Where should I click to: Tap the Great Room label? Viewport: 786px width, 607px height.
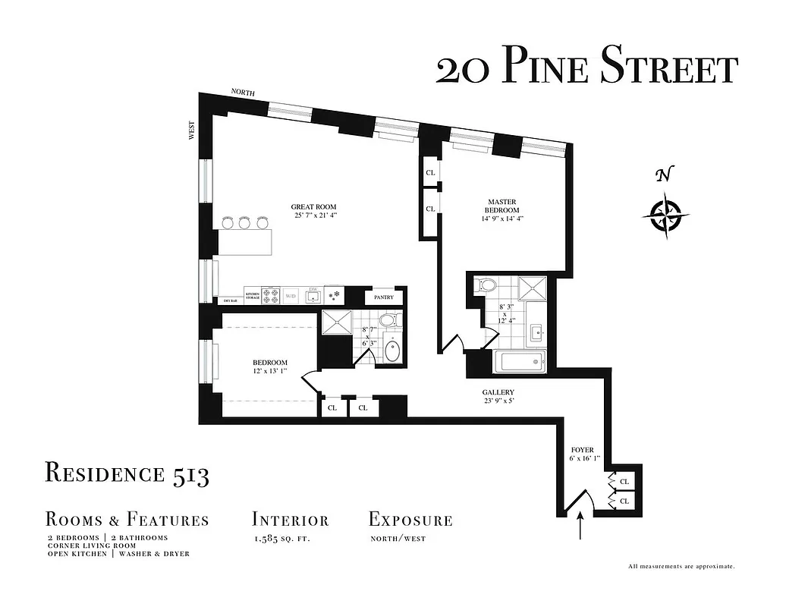pyautogui.click(x=313, y=206)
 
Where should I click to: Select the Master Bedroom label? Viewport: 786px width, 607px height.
pyautogui.click(x=503, y=206)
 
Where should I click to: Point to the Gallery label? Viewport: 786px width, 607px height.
pyautogui.click(x=498, y=392)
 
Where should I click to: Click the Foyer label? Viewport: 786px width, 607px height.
pyautogui.click(x=583, y=450)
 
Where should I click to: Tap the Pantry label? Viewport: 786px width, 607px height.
pyautogui.click(x=383, y=297)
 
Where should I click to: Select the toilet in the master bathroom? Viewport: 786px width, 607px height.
pyautogui.click(x=485, y=286)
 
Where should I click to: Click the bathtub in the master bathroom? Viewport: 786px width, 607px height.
pyautogui.click(x=520, y=362)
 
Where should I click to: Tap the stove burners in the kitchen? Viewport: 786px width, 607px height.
pyautogui.click(x=272, y=295)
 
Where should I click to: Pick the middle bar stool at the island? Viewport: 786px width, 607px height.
pyautogui.click(x=244, y=222)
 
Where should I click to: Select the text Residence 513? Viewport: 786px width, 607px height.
pyautogui.click(x=127, y=473)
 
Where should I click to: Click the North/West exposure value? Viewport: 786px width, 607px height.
pyautogui.click(x=398, y=539)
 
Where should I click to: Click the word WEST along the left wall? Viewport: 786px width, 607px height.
pyautogui.click(x=192, y=130)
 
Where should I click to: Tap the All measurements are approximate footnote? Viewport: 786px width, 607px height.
pyautogui.click(x=681, y=566)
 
